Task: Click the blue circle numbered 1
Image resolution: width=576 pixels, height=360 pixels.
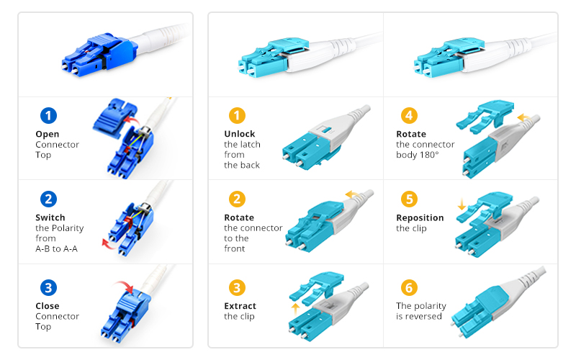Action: click(48, 116)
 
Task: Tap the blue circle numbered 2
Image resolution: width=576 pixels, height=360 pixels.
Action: click(48, 199)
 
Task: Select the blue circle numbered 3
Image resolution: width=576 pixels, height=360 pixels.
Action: click(48, 287)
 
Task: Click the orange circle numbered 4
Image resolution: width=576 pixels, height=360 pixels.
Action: click(409, 116)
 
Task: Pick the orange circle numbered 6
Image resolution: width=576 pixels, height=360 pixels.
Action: click(409, 287)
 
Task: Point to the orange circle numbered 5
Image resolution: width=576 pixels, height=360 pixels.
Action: click(409, 199)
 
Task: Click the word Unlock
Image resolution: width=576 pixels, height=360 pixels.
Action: click(240, 134)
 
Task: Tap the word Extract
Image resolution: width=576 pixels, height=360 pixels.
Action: click(240, 306)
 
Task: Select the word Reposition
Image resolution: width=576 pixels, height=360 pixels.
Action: click(420, 218)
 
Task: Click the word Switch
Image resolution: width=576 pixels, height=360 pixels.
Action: click(50, 218)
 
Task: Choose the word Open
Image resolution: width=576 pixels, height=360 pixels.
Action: click(48, 135)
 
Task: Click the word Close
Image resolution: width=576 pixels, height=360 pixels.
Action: click(48, 306)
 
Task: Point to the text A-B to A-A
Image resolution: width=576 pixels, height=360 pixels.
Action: click(57, 249)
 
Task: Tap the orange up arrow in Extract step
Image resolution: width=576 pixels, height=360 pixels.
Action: click(295, 310)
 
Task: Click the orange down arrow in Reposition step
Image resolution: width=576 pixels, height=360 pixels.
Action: click(462, 204)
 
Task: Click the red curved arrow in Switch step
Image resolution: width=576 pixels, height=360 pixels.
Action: click(109, 244)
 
